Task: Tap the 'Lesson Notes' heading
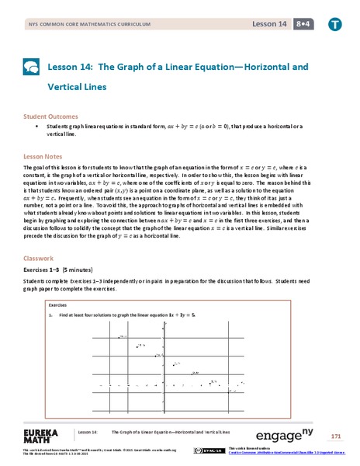45,155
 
